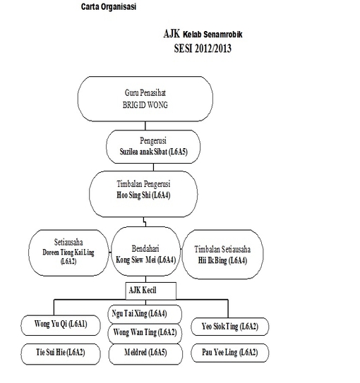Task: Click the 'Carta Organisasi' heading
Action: [109, 6]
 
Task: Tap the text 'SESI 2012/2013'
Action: [203, 49]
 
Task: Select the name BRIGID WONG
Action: [145, 105]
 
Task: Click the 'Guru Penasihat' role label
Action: [145, 93]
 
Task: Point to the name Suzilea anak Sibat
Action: [143, 152]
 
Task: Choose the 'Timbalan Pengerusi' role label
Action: [143, 184]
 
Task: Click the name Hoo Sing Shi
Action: [133, 195]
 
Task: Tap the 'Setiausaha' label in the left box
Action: [68, 242]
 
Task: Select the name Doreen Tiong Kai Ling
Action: [68, 252]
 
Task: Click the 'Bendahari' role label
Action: [145, 249]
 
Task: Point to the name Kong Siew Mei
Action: [136, 260]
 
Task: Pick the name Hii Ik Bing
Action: [212, 260]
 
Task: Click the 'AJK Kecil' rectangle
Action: [151, 291]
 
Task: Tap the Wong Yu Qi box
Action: [61, 325]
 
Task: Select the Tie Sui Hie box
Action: [61, 354]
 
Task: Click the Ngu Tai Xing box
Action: [145, 314]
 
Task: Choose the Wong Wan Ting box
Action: [145, 334]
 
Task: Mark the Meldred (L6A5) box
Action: [145, 354]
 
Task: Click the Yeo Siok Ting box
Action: [230, 327]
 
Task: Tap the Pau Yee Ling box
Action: [230, 353]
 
